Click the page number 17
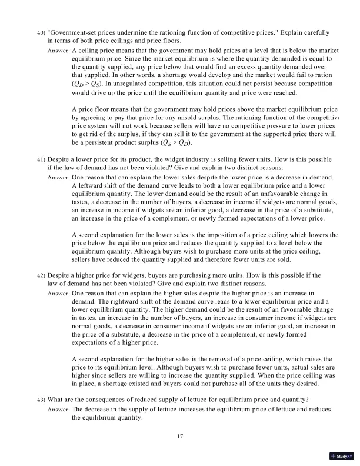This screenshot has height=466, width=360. click(x=181, y=437)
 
